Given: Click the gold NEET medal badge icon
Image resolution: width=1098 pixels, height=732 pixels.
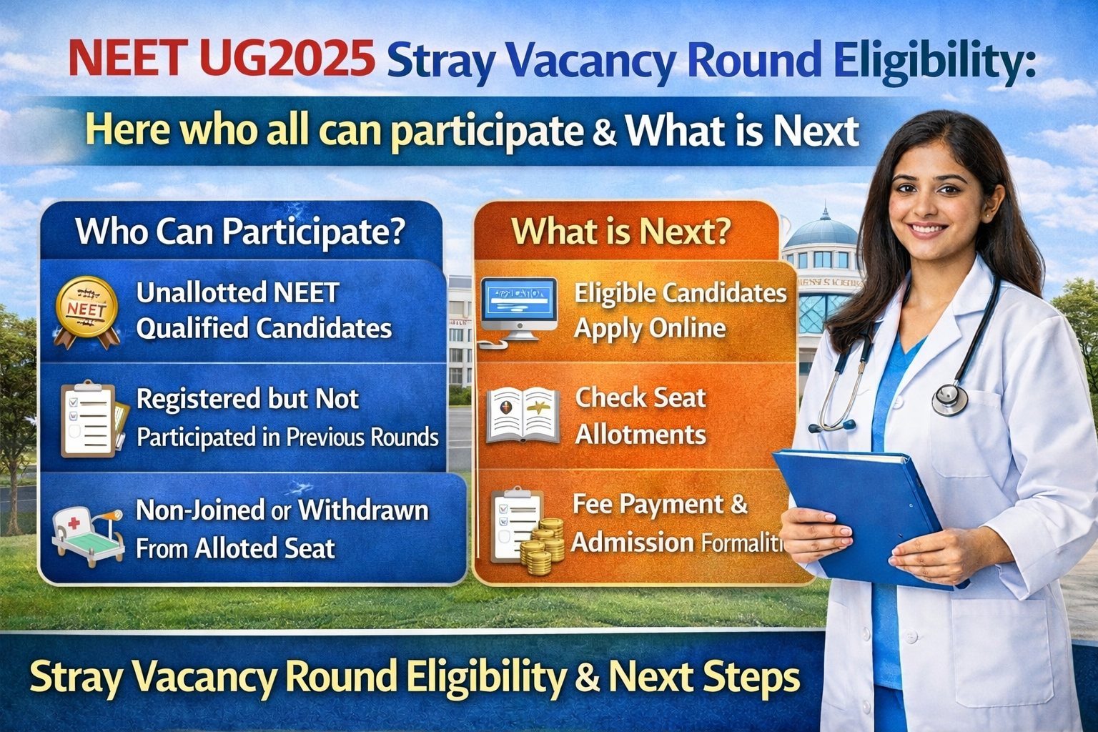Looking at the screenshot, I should pyautogui.click(x=86, y=311).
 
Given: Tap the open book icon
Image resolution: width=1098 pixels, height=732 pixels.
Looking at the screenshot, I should pyautogui.click(x=523, y=414).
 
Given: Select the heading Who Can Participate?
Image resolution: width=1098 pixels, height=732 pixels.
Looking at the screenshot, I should pyautogui.click(x=240, y=231).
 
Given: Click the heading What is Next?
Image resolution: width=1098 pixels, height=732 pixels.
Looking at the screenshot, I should pyautogui.click(x=620, y=232).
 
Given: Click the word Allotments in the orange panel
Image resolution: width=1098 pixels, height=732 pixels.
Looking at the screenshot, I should pyautogui.click(x=640, y=435).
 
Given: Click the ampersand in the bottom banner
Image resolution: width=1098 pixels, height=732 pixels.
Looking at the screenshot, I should pyautogui.click(x=586, y=677).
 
